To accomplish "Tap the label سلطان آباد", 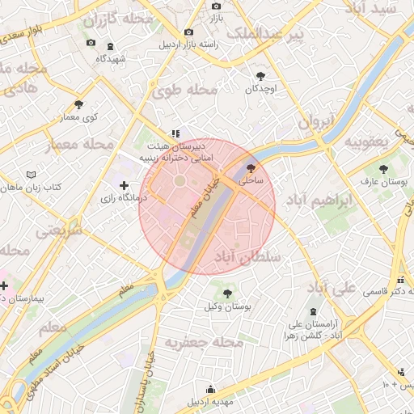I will click(247, 256).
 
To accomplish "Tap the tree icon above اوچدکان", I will click(260, 75).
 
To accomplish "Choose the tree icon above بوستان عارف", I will click(384, 169).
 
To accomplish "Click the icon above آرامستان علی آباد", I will click(313, 312).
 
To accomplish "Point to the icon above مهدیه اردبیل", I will click(210, 389).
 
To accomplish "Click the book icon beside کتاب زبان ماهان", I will click(32, 175).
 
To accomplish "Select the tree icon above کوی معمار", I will click(78, 104).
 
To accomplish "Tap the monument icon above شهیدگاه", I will click(110, 46).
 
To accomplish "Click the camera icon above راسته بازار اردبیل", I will click(188, 32).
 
